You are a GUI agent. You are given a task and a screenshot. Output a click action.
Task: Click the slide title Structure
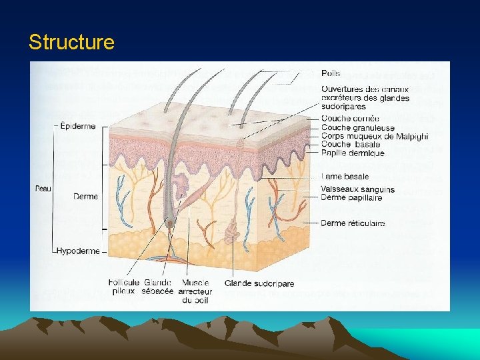pyautogui.click(x=71, y=43)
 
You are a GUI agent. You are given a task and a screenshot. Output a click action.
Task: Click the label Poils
pyautogui.click(x=331, y=73)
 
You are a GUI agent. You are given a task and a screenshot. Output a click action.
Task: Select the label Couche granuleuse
pyautogui.click(x=357, y=128)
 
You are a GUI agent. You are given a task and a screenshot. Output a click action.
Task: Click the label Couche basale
pyautogui.click(x=351, y=144)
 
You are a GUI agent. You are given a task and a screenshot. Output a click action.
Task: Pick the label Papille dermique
pyautogui.click(x=353, y=153)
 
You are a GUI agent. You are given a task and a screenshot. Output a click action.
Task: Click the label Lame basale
pyautogui.click(x=345, y=177)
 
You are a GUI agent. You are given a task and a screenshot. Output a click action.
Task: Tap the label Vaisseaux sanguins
pyautogui.click(x=357, y=189)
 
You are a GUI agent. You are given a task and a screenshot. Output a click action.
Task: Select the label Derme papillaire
pyautogui.click(x=351, y=197)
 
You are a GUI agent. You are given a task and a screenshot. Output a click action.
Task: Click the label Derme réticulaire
pyautogui.click(x=353, y=223)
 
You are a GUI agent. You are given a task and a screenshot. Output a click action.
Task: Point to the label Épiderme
pyautogui.click(x=78, y=126)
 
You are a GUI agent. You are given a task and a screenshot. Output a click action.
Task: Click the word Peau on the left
pyautogui.click(x=43, y=189)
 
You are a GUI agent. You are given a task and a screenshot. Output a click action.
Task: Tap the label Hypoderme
pyautogui.click(x=78, y=251)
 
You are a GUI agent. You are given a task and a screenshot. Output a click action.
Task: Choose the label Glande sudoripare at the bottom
pyautogui.click(x=259, y=283)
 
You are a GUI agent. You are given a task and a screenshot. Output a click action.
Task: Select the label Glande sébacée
pyautogui.click(x=157, y=287)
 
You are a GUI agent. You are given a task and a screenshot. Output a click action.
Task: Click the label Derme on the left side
pyautogui.click(x=86, y=197)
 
